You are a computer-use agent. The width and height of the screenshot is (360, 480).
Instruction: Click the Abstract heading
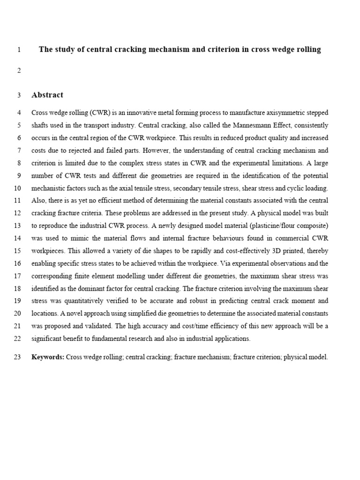(x=47, y=95)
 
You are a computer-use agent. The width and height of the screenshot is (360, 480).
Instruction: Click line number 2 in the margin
(x=19, y=71)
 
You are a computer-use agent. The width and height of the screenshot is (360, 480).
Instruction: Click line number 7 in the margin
(x=19, y=150)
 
